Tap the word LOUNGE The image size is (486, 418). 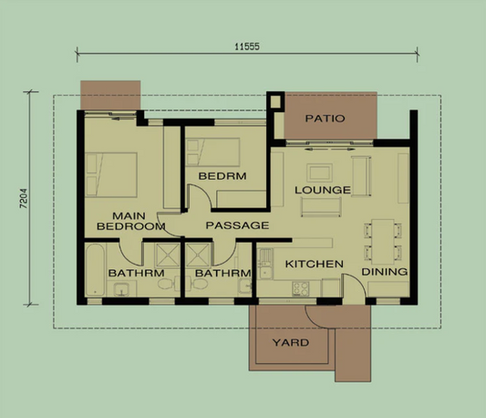click(x=322, y=190)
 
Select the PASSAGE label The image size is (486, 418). click(x=236, y=225)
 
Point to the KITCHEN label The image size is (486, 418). click(x=315, y=264)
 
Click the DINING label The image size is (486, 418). click(x=385, y=272)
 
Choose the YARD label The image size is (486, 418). click(x=291, y=343)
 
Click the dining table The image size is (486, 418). click(x=382, y=240)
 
